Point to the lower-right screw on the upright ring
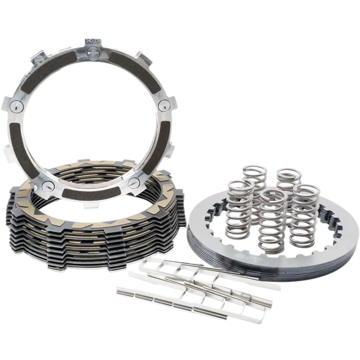pyautogui.click(x=134, y=182)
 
